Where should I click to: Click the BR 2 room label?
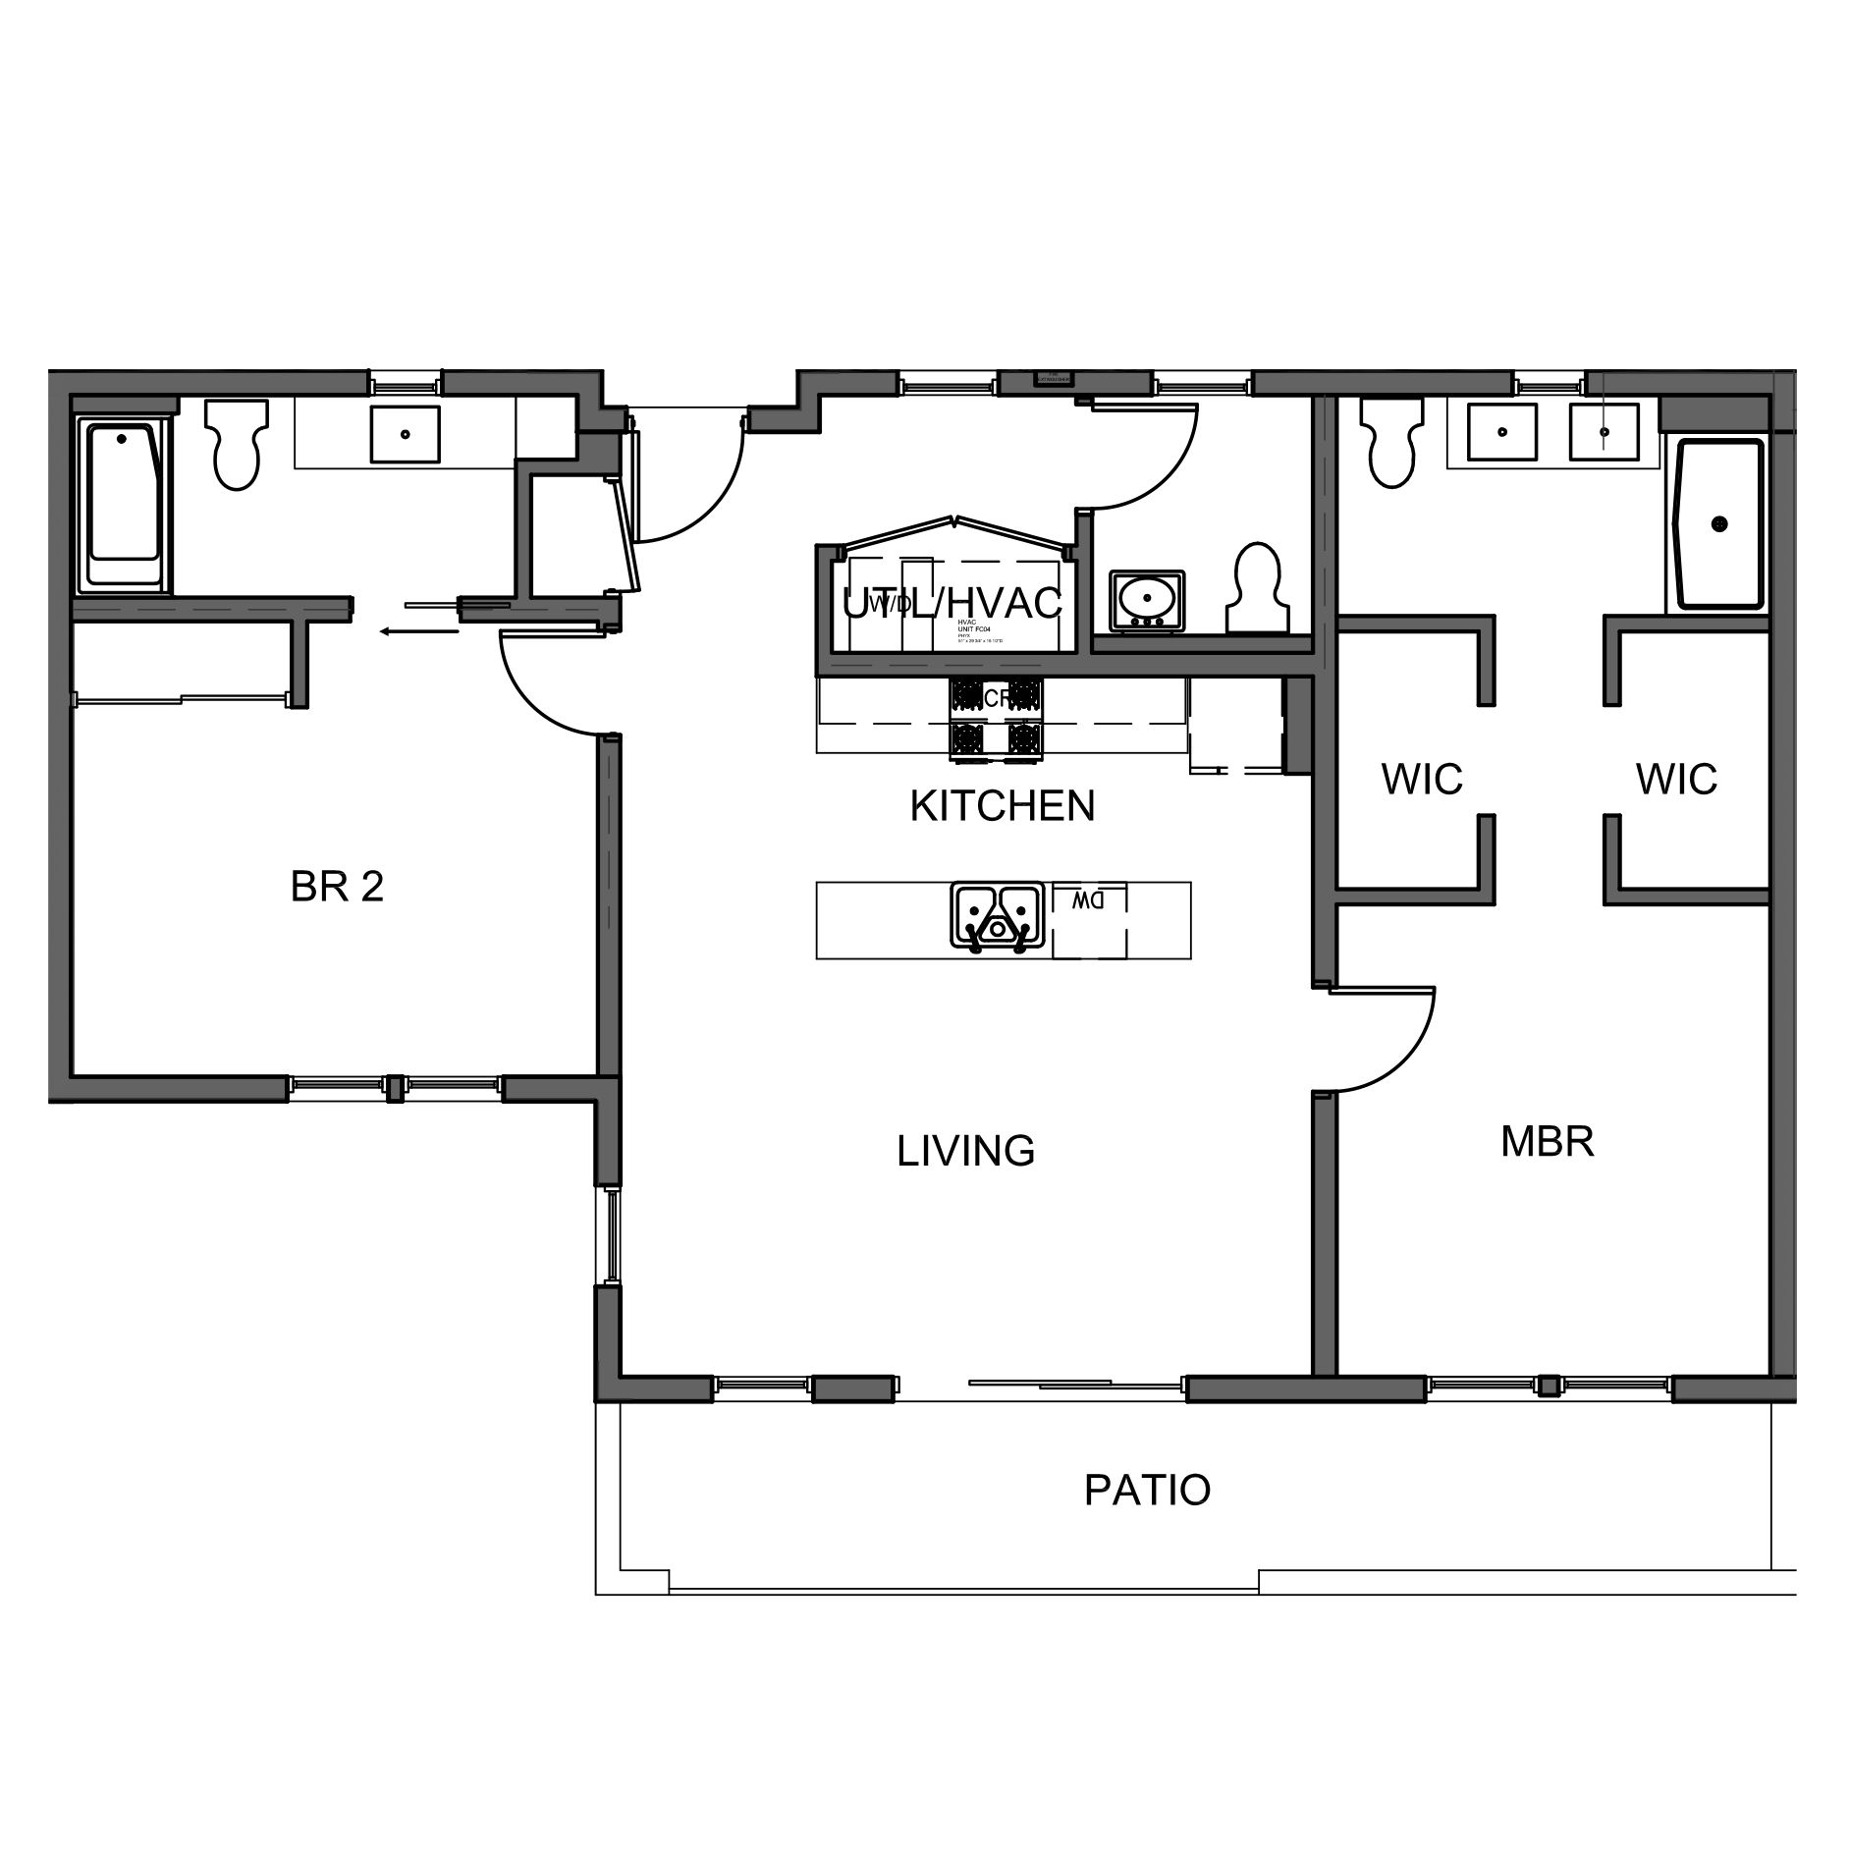[x=337, y=887]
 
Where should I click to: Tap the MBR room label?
[x=1547, y=1141]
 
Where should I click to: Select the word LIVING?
[x=965, y=1151]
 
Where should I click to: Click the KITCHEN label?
[x=1002, y=806]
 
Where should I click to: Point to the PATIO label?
[x=1147, y=1490]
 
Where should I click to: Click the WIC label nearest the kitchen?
[x=1421, y=780]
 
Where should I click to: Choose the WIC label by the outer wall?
[x=1676, y=780]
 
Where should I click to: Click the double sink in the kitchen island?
[x=997, y=915]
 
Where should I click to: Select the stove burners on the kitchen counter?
[x=995, y=719]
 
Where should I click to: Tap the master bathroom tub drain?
[x=1719, y=524]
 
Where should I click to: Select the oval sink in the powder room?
[x=1146, y=599]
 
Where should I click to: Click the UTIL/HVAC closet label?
[x=952, y=603]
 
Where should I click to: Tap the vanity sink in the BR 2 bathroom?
[x=404, y=434]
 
